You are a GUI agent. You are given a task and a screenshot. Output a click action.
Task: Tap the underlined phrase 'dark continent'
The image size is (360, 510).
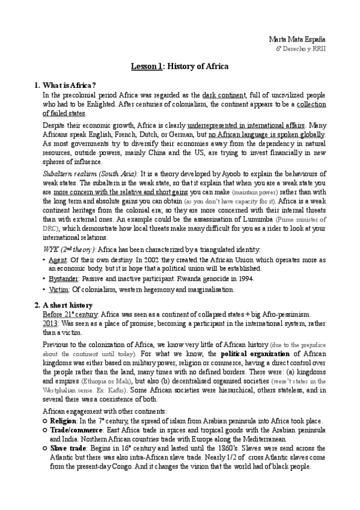pos(224,95)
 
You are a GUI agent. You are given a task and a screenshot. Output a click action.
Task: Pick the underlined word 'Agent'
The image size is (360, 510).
pos(59,260)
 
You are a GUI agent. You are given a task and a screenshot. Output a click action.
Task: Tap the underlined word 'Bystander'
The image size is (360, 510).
pos(66,278)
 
